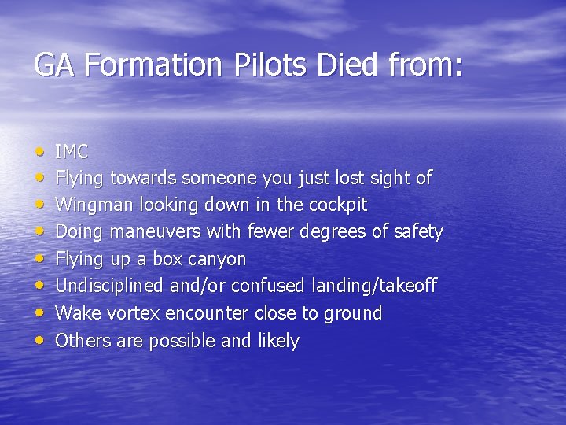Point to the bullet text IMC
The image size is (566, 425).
point(72,151)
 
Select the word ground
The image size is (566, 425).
point(353,313)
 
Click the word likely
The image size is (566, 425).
point(277,341)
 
